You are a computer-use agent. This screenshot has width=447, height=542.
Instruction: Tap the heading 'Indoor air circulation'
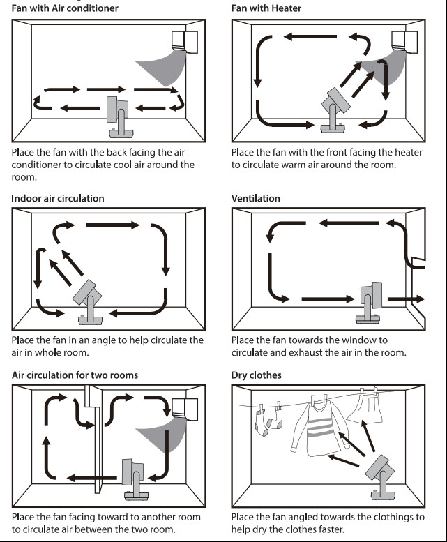(x=57, y=198)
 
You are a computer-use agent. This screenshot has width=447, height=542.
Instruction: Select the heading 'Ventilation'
(x=255, y=198)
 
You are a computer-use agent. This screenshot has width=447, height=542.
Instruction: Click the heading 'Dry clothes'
(x=256, y=375)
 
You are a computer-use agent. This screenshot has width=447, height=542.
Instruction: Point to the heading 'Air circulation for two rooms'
(x=75, y=375)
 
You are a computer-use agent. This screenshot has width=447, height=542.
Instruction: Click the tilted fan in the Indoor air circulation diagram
(x=89, y=301)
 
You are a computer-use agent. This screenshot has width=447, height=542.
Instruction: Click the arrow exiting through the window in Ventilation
(x=406, y=299)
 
